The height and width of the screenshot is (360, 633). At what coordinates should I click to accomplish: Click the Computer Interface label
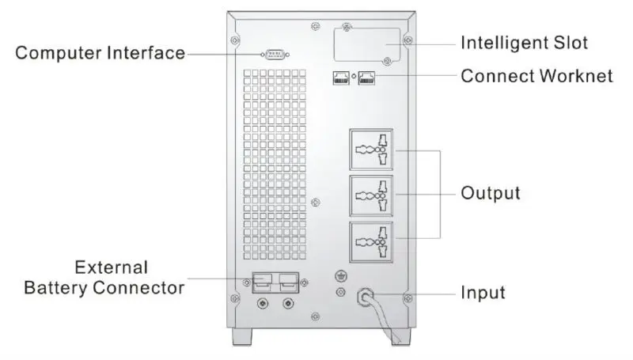100,53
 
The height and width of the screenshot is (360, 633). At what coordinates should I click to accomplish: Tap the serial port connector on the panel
275,54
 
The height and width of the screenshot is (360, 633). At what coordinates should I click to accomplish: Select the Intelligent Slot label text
524,43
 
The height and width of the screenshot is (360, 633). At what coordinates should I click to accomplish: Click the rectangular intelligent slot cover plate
367,44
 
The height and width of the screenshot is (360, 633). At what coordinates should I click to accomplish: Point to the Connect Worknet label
537,76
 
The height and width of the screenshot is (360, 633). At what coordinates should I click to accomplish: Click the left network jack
341,78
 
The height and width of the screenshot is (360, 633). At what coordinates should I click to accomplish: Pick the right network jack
366,78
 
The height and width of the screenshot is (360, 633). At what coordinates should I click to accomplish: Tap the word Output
491,193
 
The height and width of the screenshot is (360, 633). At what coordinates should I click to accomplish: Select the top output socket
371,150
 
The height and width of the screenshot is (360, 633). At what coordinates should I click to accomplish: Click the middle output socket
371,195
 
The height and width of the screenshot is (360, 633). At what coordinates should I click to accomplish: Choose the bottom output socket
371,242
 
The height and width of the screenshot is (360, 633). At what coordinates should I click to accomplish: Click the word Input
483,293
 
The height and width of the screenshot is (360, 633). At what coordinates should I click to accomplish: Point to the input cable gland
366,297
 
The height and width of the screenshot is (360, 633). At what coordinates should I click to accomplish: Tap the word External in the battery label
112,267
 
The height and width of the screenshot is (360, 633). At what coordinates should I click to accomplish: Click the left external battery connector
263,282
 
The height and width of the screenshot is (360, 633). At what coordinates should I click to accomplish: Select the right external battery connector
288,282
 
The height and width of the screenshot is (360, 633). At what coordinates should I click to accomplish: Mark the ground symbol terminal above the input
342,276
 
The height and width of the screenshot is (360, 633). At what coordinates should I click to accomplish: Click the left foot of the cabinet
242,336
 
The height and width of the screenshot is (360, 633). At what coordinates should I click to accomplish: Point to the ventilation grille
275,165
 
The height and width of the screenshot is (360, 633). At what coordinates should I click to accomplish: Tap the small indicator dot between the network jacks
354,76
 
